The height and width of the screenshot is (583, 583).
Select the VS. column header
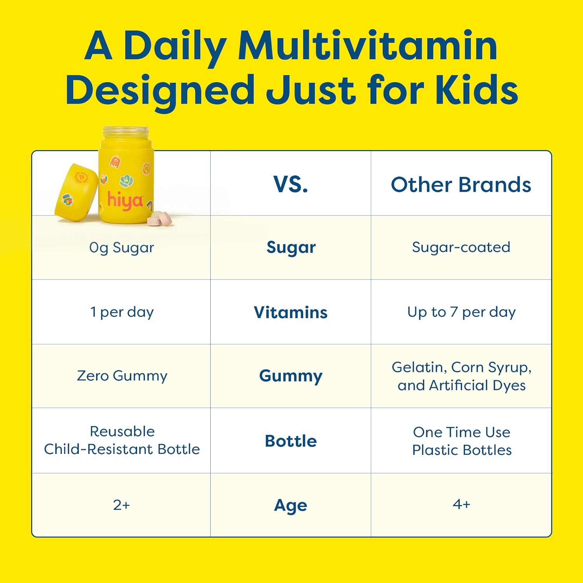[x=291, y=184]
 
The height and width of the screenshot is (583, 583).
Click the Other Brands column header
[x=461, y=185]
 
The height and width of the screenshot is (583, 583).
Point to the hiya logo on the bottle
[x=125, y=201]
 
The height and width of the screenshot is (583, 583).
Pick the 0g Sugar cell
[x=122, y=248]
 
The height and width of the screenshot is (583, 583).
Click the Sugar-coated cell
[x=461, y=247]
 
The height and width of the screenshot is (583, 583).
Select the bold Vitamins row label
[x=291, y=312]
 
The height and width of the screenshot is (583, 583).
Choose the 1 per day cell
[x=122, y=312]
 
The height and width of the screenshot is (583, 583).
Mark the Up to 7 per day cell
[x=461, y=312]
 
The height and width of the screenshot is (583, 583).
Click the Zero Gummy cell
[x=122, y=376]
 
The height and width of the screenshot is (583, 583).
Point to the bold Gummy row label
[x=291, y=376]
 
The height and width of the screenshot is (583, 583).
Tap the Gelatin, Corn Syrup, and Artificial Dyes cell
[x=461, y=376]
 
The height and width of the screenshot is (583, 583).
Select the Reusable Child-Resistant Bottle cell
[x=122, y=440]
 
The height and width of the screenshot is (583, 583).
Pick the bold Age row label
[x=291, y=505]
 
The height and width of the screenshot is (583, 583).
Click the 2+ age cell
[x=121, y=505]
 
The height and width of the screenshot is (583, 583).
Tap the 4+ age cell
[x=461, y=504]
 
